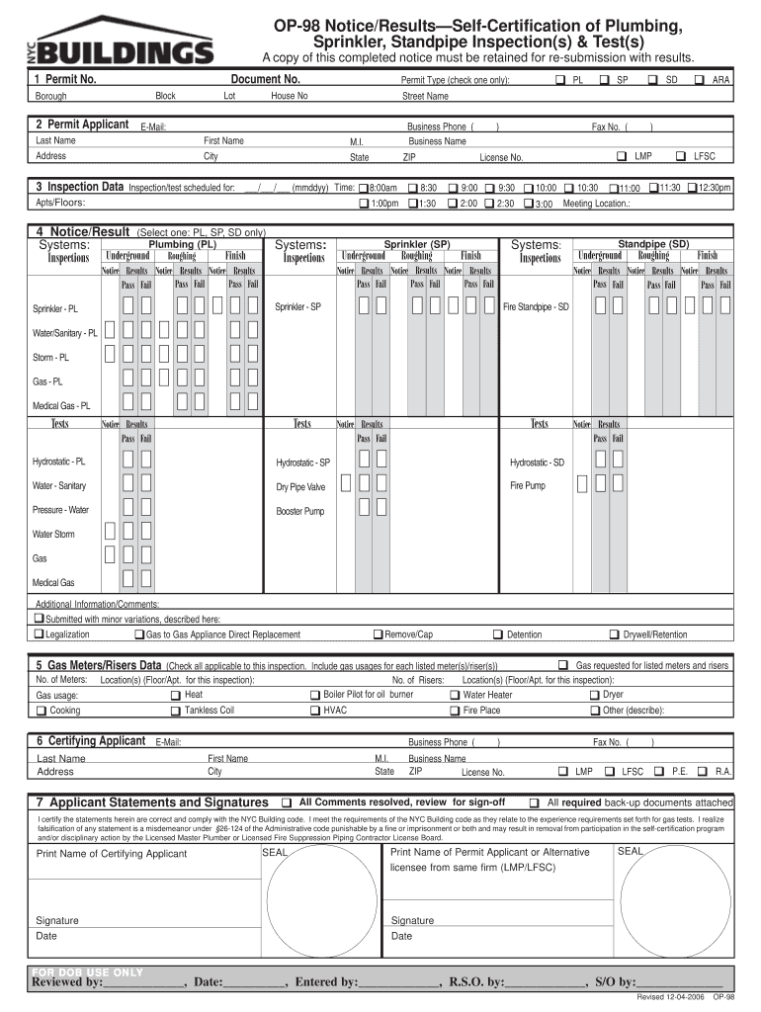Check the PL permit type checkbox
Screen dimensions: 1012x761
(x=560, y=79)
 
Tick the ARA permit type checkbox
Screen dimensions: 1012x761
(x=700, y=79)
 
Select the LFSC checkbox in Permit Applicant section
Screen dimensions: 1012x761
(x=681, y=156)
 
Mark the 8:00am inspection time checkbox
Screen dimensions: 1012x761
(x=363, y=188)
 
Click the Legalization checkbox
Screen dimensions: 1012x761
(x=39, y=634)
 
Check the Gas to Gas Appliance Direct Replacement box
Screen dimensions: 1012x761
(x=138, y=634)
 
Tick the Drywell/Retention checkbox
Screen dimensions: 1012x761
(x=614, y=634)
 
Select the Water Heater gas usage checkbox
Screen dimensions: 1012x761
(x=455, y=695)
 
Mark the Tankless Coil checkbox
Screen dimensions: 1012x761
(x=175, y=711)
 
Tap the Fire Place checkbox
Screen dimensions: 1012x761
(x=455, y=711)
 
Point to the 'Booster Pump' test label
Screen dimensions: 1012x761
(x=299, y=512)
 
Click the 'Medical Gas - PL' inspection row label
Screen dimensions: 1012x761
(x=61, y=405)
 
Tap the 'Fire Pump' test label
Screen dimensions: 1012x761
(x=527, y=486)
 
